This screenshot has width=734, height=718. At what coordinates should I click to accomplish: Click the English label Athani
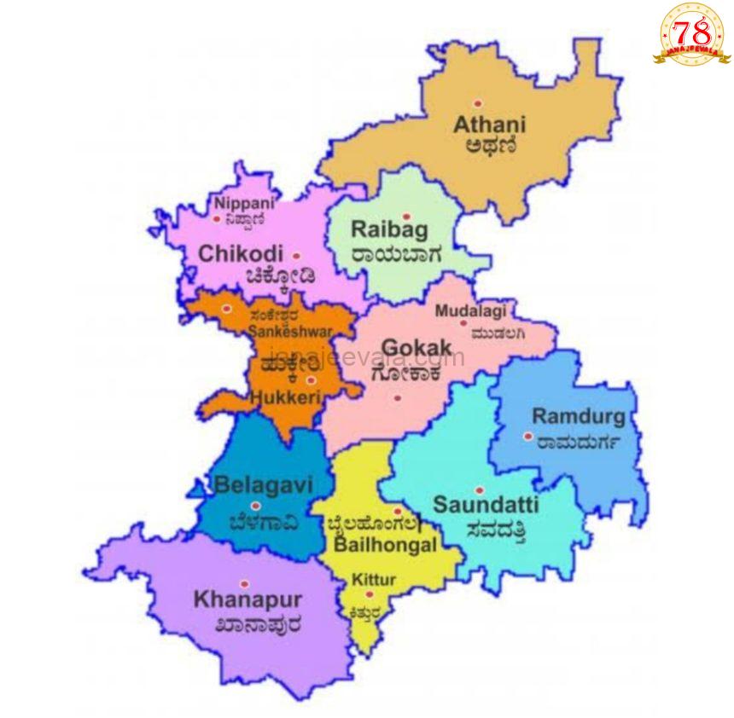click(489, 124)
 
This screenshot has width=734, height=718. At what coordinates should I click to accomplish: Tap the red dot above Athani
click(478, 103)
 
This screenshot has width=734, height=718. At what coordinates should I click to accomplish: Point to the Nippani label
click(245, 203)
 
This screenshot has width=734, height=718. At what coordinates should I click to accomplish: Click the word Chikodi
click(241, 254)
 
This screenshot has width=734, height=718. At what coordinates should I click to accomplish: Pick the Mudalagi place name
click(470, 311)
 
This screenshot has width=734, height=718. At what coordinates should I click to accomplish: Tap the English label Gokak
click(416, 349)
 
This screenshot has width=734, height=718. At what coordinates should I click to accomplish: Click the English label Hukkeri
click(285, 397)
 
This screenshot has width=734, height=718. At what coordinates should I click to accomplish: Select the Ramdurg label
click(579, 417)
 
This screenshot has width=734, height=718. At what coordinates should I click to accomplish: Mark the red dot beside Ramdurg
click(528, 437)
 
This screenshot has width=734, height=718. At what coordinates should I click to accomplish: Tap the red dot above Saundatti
click(479, 490)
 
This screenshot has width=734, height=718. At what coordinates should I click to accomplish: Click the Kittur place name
click(374, 580)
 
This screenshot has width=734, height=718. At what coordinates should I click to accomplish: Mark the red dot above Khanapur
click(244, 584)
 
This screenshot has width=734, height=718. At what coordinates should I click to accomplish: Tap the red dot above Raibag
click(406, 217)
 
